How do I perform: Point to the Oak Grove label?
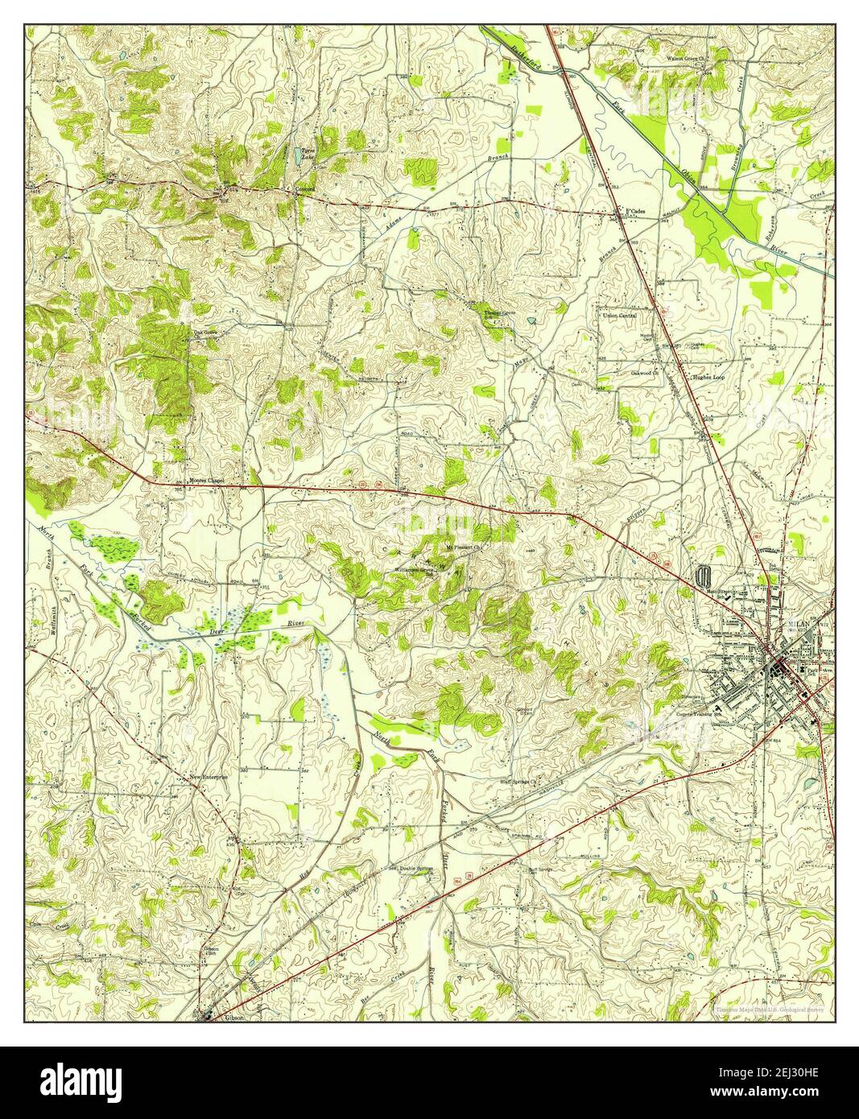click(204, 330)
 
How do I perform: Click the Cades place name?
click(637, 211)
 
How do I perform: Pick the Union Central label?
click(620, 315)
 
